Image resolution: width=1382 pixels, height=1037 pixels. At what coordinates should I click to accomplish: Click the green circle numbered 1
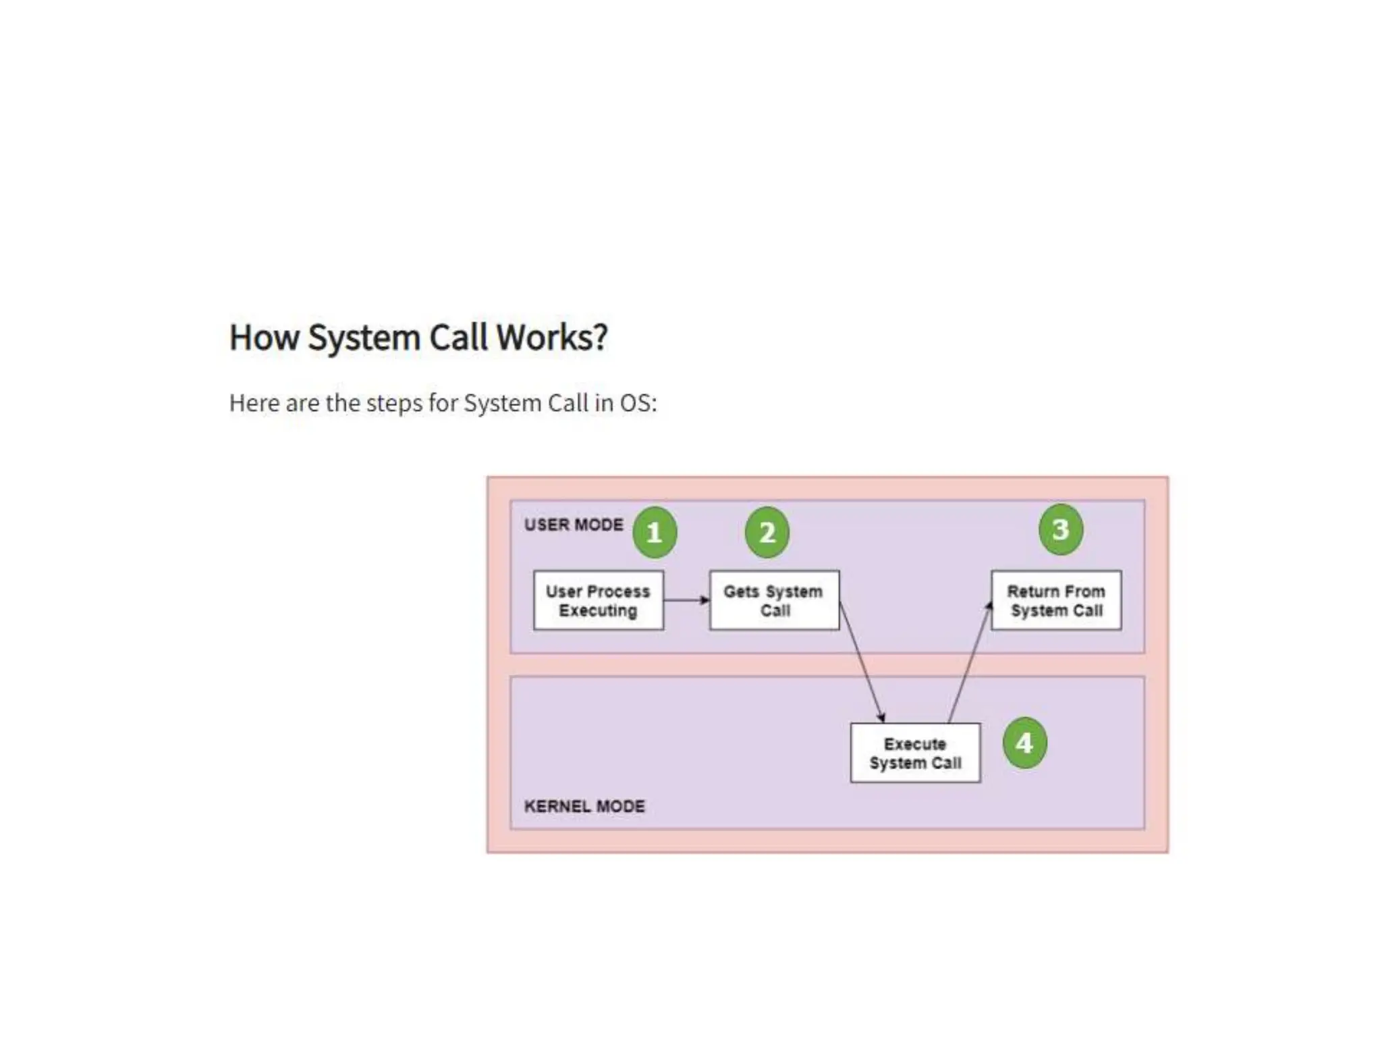pyautogui.click(x=655, y=533)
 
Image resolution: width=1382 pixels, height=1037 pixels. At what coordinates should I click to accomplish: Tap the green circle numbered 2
pyautogui.click(x=767, y=533)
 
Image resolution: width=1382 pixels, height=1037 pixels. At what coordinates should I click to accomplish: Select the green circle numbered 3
pyautogui.click(x=1061, y=530)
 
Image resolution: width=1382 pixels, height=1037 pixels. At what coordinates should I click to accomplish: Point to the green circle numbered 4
pyautogui.click(x=1024, y=743)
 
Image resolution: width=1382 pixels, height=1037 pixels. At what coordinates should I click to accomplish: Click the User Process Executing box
pyautogui.click(x=598, y=600)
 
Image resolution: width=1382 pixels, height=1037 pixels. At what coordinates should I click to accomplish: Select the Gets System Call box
pyautogui.click(x=774, y=600)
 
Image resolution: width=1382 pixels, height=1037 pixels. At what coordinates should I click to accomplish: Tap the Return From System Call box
pyautogui.click(x=1056, y=600)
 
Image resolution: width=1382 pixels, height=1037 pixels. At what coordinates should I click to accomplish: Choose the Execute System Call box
pyautogui.click(x=915, y=753)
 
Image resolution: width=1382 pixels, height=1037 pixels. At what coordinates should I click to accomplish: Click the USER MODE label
pyautogui.click(x=574, y=525)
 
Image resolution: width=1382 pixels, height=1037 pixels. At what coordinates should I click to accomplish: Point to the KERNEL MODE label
pyautogui.click(x=584, y=806)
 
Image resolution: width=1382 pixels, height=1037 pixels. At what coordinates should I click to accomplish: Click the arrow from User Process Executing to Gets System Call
pyautogui.click(x=686, y=600)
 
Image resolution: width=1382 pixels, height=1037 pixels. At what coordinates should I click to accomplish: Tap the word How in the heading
pyautogui.click(x=264, y=337)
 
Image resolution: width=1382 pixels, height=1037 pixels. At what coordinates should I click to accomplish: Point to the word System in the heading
pyautogui.click(x=364, y=337)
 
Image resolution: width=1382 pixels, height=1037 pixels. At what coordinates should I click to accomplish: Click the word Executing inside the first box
pyautogui.click(x=598, y=610)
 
